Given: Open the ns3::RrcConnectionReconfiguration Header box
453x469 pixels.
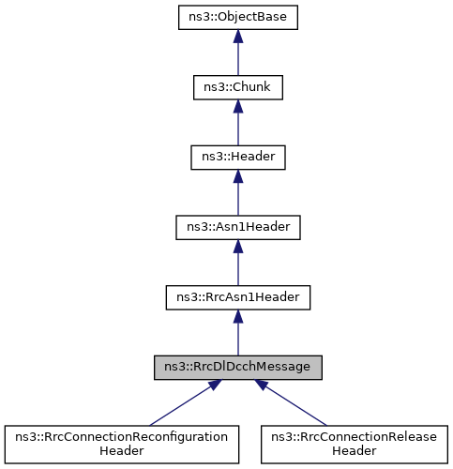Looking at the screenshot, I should (x=117, y=443).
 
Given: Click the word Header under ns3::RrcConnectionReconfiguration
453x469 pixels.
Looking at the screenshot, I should (x=117, y=450).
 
